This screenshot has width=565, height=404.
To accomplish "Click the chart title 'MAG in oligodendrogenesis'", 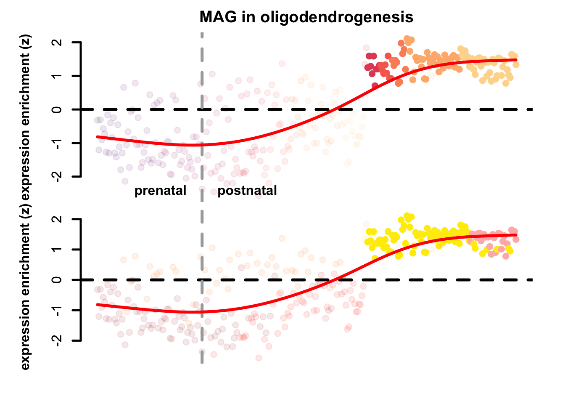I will (306, 17).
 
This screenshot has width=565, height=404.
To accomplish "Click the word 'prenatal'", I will (160, 191).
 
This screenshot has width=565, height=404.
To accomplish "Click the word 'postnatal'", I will (247, 191).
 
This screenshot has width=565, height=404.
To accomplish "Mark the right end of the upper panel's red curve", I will (516, 60).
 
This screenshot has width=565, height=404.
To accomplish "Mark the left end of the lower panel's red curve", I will (98, 304).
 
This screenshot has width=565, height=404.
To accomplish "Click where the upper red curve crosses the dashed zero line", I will (336, 109).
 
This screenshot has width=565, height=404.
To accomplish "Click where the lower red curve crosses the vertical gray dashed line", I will (202, 312).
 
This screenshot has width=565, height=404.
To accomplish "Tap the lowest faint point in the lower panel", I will (259, 358).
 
